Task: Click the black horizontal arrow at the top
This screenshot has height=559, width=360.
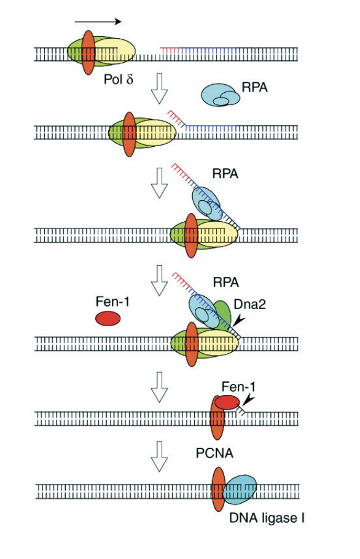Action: [98, 21]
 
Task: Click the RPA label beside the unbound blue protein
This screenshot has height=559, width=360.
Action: [254, 88]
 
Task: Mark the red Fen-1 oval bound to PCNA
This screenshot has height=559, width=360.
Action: [227, 402]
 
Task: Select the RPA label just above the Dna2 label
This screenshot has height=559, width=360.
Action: [226, 282]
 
